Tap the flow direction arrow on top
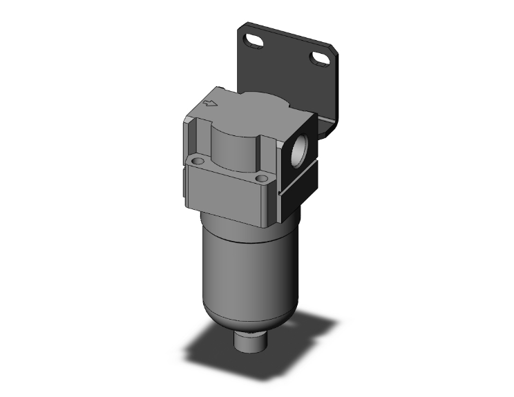tap(210, 104)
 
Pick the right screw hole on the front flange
tap(261, 180)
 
